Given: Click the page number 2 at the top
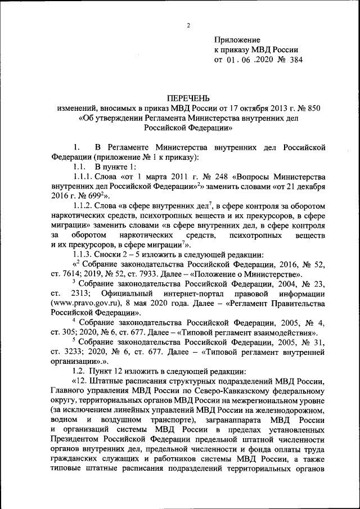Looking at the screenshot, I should (189, 25).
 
